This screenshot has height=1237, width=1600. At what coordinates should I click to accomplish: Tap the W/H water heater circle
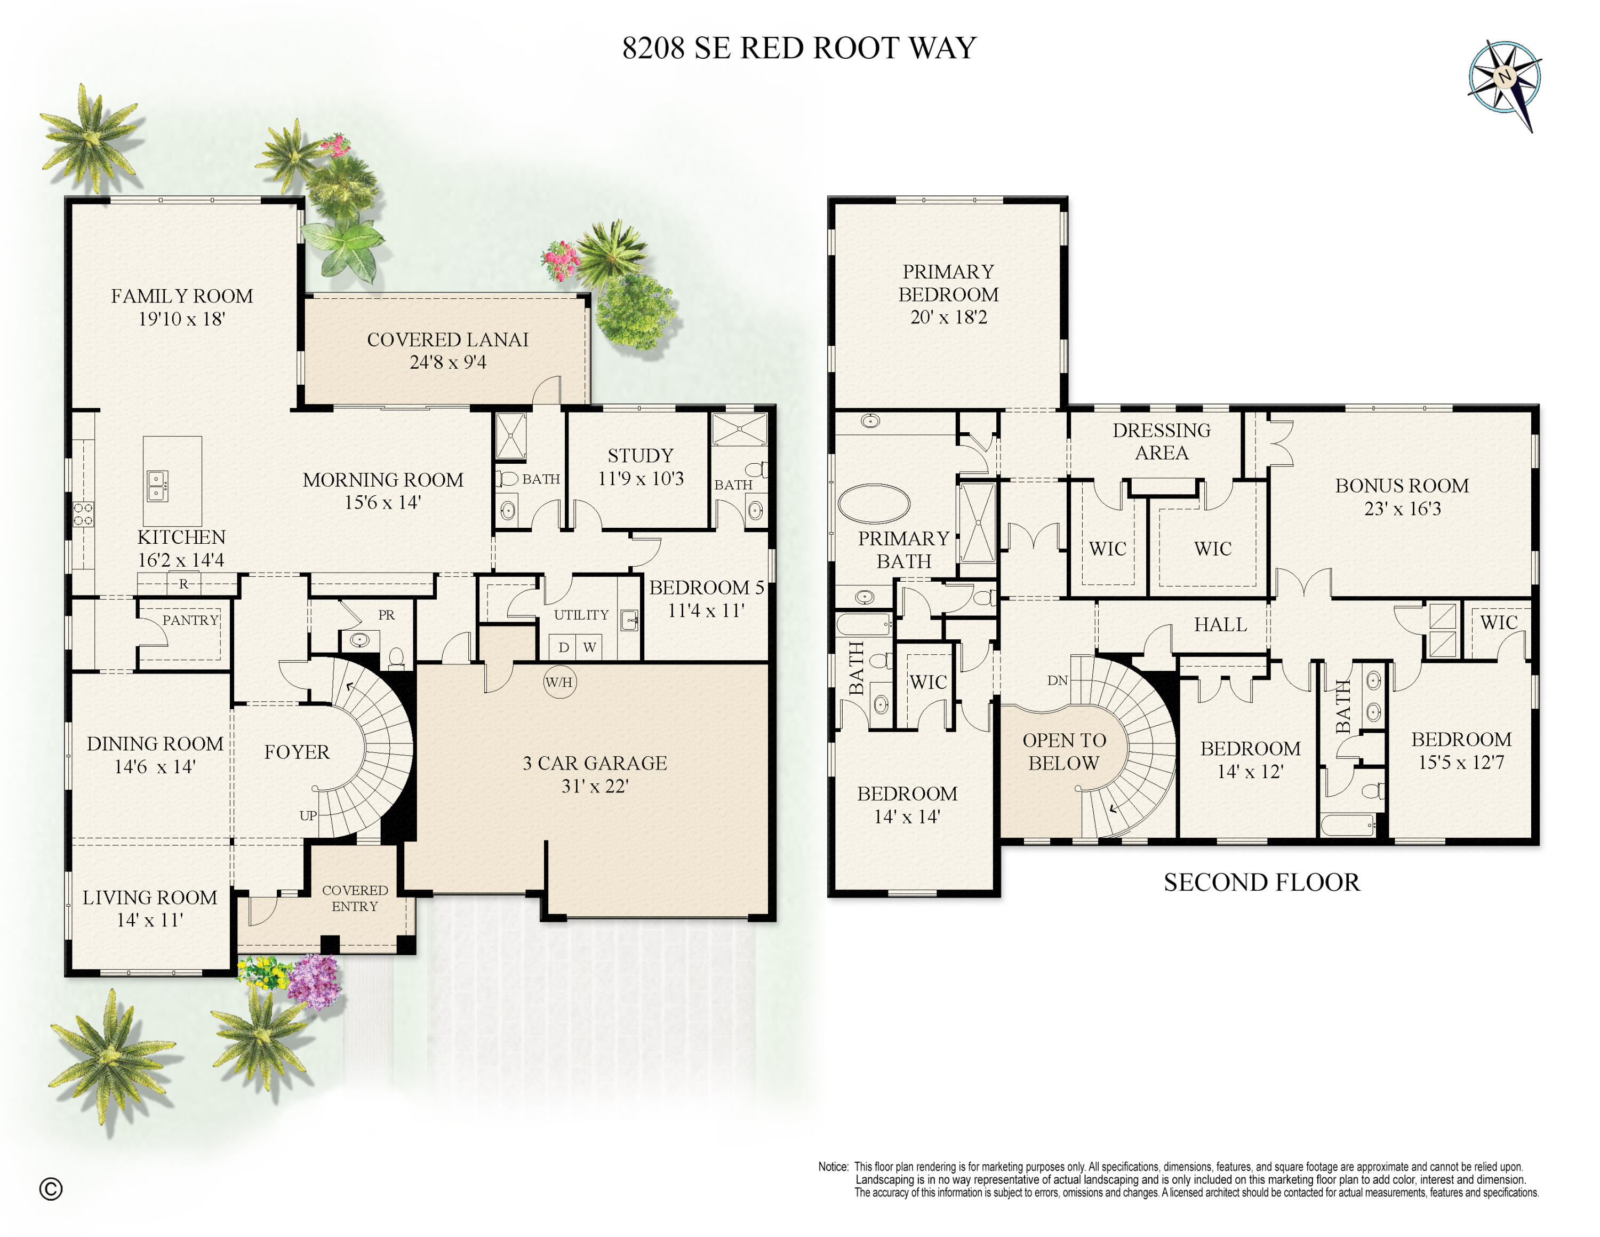[x=559, y=682]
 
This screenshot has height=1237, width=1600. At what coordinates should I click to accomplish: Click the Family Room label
[x=182, y=296]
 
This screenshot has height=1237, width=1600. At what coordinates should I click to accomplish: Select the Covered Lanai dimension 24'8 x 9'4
[x=447, y=362]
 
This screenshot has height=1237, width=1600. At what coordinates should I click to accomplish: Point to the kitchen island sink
[x=157, y=485]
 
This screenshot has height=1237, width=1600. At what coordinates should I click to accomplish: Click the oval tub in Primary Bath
[x=873, y=503]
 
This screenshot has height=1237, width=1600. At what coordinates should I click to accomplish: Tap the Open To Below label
[x=1064, y=751]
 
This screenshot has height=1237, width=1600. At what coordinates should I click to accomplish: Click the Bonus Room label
[x=1402, y=486]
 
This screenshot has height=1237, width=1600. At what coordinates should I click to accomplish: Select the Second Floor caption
[x=1261, y=882]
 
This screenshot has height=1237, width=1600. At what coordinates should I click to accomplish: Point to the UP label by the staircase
[x=308, y=815]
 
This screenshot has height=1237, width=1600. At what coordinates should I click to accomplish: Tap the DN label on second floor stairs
[x=1057, y=681]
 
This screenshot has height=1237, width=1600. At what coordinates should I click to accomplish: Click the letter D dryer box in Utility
[x=563, y=647]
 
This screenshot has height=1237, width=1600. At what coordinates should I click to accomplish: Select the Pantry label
[x=190, y=620]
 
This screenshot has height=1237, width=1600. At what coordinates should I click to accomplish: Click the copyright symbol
[x=51, y=1188]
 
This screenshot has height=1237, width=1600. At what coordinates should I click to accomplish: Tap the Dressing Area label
[x=1161, y=441]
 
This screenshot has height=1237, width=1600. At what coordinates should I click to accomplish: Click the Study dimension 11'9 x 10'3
[x=641, y=479]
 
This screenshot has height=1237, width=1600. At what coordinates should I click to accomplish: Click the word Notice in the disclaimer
[x=833, y=1167]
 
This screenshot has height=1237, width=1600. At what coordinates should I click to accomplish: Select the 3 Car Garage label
[x=594, y=763]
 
